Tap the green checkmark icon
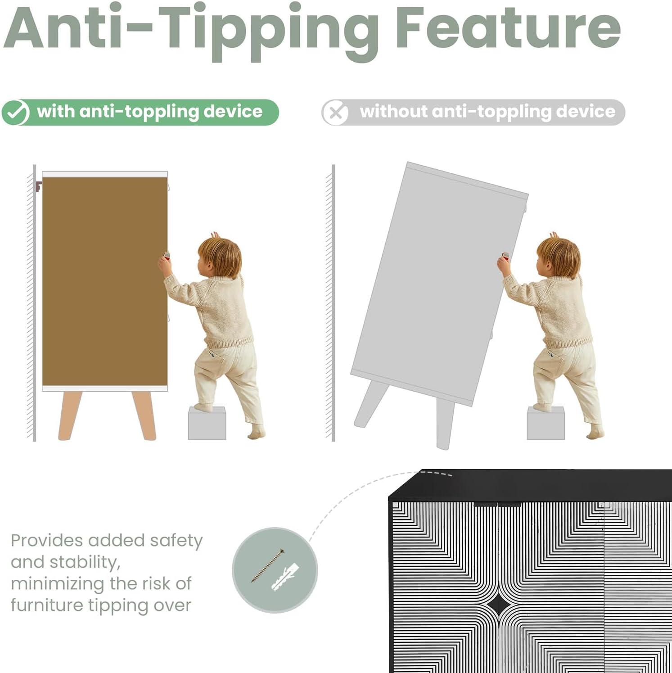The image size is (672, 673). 16,113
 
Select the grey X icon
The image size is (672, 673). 335,113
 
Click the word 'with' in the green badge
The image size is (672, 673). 56,111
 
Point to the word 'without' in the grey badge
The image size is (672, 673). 393,111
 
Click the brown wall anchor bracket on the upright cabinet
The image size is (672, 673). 38,186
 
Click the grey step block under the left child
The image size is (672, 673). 207,423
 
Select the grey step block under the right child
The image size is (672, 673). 546,423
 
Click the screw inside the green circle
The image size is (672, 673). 267,565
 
